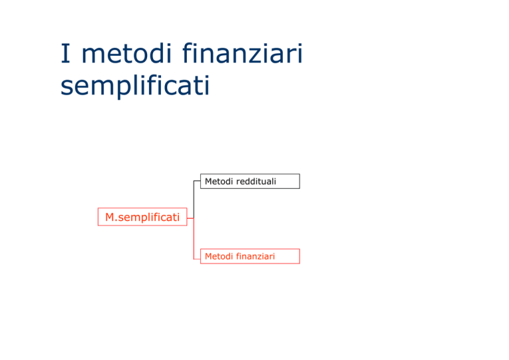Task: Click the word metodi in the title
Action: click(127, 53)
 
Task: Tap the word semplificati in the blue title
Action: click(135, 86)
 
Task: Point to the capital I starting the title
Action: click(66, 53)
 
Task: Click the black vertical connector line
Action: click(194, 200)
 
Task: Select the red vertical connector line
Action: click(194, 239)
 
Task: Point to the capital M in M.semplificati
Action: click(111, 217)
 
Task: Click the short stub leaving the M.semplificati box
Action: click(191, 218)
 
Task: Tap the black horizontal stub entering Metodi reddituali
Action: click(197, 181)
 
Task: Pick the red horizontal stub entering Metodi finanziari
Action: click(197, 259)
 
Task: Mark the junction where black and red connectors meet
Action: click(194, 218)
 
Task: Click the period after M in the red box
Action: click(117, 221)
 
